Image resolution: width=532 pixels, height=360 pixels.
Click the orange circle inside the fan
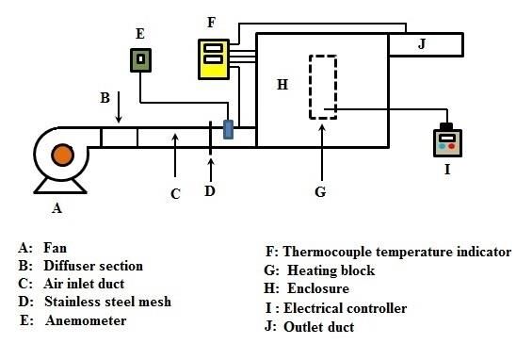tap(62, 155)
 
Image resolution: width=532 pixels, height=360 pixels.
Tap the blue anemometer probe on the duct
tap(229, 129)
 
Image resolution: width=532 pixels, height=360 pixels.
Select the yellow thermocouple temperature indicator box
tap(214, 59)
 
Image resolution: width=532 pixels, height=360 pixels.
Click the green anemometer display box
tap(140, 60)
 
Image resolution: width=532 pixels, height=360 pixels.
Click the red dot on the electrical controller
tap(452, 147)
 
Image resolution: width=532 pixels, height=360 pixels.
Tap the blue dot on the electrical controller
tap(442, 147)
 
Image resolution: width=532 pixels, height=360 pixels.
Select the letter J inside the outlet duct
tap(422, 44)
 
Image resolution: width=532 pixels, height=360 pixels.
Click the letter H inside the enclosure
tap(282, 84)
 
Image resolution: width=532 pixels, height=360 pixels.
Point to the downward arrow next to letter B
tap(119, 107)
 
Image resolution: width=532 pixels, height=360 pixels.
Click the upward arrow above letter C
tap(175, 155)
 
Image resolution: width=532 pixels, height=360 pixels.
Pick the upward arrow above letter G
tap(322, 153)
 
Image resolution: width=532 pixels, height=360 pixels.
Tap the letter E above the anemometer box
tap(139, 34)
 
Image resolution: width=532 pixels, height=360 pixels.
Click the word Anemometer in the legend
tap(86, 320)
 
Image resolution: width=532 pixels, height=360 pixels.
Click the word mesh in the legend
tap(155, 302)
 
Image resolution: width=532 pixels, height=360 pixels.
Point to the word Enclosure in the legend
tap(318, 288)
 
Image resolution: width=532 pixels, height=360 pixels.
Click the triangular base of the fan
tap(60, 186)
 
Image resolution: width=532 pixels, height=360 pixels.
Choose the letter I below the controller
tap(447, 169)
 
